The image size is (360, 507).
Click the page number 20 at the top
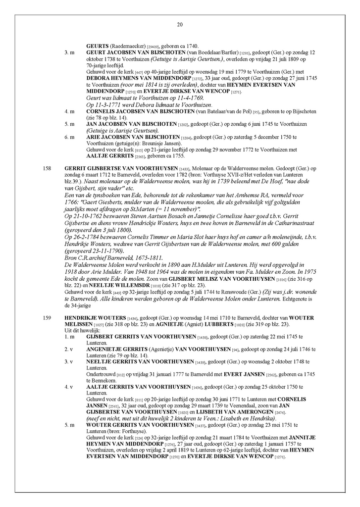(x=180, y=25)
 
